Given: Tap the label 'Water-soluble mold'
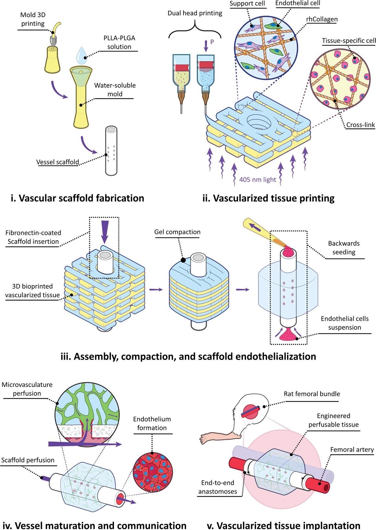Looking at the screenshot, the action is click(115, 90).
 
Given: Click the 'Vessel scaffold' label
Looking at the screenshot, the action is click(58, 162).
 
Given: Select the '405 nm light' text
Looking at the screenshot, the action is click(257, 180).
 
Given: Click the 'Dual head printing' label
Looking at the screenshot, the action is click(195, 13).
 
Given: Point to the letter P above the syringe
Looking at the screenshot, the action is click(212, 42).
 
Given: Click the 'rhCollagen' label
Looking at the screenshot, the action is click(322, 19).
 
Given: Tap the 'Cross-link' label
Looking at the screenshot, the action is click(360, 125).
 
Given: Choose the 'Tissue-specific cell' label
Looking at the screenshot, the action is click(349, 41).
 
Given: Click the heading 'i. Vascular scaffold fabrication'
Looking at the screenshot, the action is click(78, 198).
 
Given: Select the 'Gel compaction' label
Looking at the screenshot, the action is click(177, 232).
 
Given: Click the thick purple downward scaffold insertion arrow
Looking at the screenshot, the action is click(104, 232).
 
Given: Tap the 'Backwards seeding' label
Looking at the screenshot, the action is click(344, 248).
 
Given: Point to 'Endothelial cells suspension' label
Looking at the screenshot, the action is click(345, 323).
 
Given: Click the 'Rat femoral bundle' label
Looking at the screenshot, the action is click(312, 394).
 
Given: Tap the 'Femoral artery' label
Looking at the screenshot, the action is click(352, 450).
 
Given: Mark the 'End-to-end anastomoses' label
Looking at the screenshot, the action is click(218, 487).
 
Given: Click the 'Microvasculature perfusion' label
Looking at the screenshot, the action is click(27, 389).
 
